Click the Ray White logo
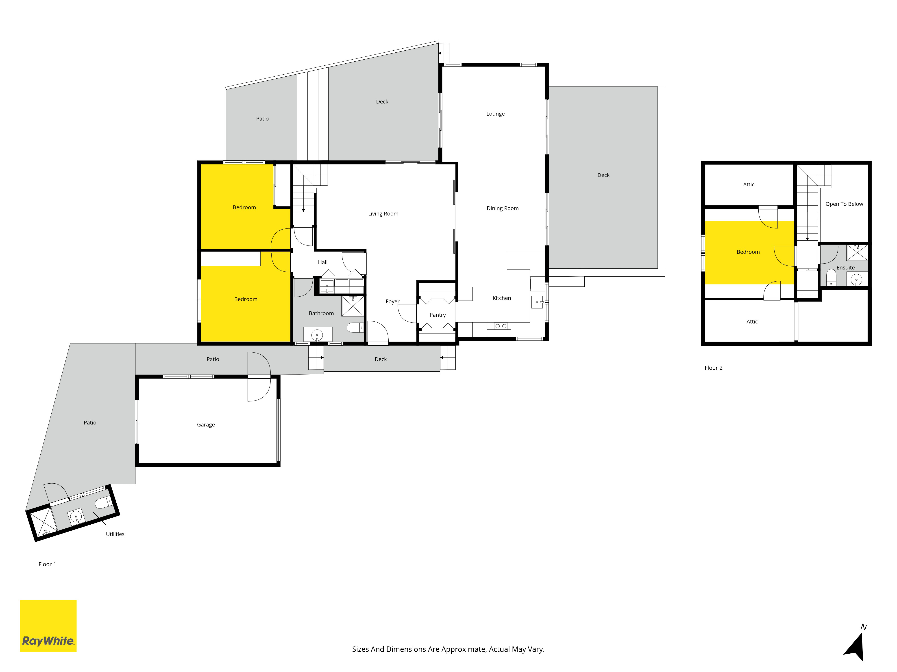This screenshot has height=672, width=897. pos(48,626)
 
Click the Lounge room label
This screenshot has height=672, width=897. pos(496,114)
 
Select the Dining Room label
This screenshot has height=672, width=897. pos(503,208)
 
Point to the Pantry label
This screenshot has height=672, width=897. pos(438,315)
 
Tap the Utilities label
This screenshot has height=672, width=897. pos(115,534)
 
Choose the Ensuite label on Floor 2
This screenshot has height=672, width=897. pos(845,267)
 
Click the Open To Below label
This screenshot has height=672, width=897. pos(844,204)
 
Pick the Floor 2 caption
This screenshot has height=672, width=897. pos(713,368)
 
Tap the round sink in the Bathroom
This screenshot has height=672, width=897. pos(317,335)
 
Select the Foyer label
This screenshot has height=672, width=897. pos(392,301)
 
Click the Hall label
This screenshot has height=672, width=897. pos(323,262)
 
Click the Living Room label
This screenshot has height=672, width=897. pos(383,213)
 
